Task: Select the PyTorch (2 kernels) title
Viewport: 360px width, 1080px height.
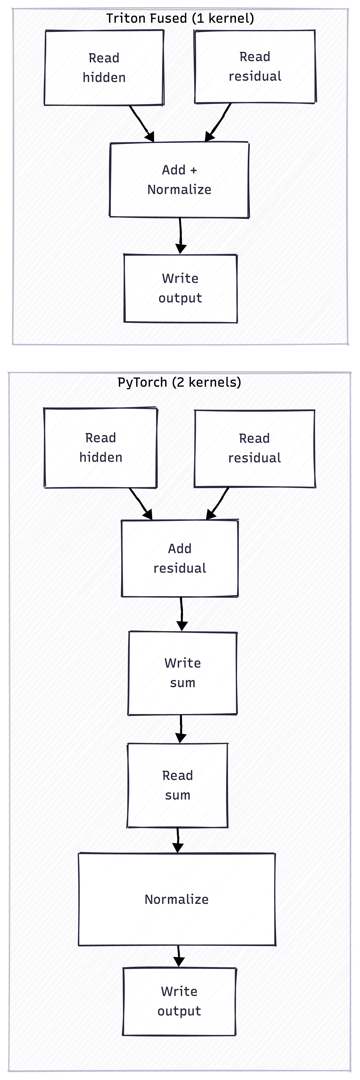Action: coord(179,382)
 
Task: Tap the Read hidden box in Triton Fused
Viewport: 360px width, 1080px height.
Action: coord(104,67)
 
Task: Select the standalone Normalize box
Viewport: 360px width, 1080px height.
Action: coord(176,899)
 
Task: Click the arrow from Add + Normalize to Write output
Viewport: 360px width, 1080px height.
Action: coord(180,236)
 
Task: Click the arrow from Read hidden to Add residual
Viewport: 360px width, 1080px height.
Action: coord(141,504)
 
